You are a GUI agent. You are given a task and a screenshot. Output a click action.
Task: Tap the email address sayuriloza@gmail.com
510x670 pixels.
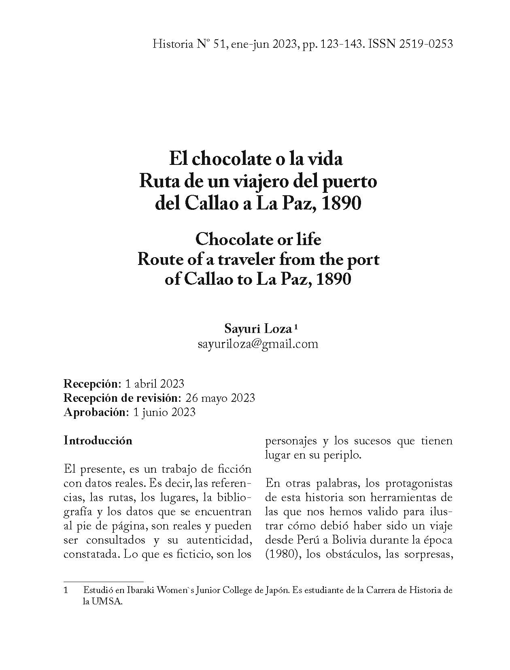[x=258, y=344]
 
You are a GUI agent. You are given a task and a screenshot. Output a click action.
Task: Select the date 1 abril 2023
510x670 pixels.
[x=155, y=384]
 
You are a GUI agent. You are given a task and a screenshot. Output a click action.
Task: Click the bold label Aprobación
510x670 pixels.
[x=95, y=412]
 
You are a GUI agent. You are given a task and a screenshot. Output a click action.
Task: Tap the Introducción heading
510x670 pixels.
[x=98, y=441]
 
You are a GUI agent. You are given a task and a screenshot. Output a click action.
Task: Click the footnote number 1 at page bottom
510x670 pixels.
[x=66, y=591]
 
